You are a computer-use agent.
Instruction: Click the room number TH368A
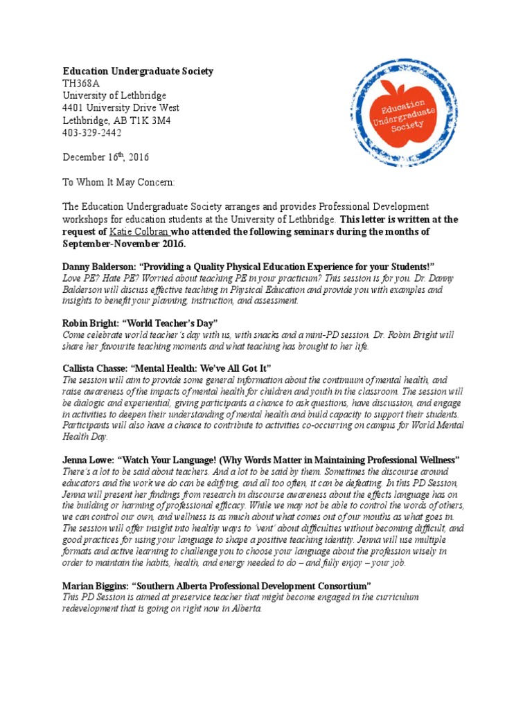[x=83, y=83]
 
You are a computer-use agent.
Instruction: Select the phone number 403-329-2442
[x=92, y=132]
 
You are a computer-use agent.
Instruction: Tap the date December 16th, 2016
[x=106, y=157]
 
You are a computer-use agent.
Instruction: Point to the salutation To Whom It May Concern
[x=119, y=182]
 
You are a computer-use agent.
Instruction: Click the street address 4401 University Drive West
[x=121, y=108]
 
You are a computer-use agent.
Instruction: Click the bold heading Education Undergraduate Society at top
[x=138, y=71]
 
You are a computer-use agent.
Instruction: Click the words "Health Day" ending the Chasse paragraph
[x=85, y=438]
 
